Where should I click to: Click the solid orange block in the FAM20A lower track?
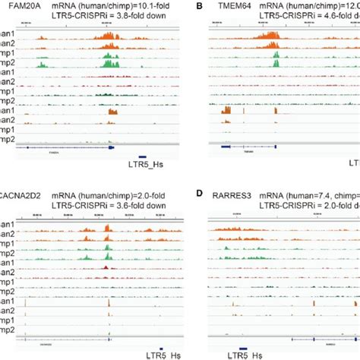113,112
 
